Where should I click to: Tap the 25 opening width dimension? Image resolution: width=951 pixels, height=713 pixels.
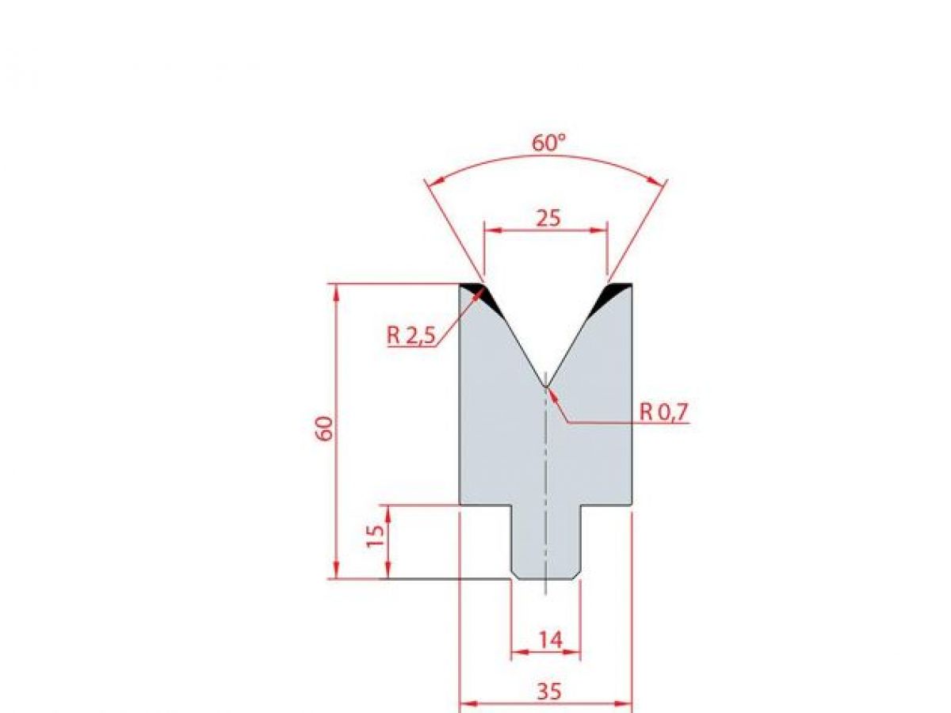[x=547, y=217]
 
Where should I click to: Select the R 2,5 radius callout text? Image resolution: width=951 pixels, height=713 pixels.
[x=411, y=336]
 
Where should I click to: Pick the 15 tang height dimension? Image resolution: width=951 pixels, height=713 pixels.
[x=378, y=536]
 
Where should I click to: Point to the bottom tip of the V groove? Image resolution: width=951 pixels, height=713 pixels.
[x=546, y=386]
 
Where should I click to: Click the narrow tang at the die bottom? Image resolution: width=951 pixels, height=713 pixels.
[x=546, y=547]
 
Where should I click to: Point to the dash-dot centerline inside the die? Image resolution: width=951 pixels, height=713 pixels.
[x=546, y=459]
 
